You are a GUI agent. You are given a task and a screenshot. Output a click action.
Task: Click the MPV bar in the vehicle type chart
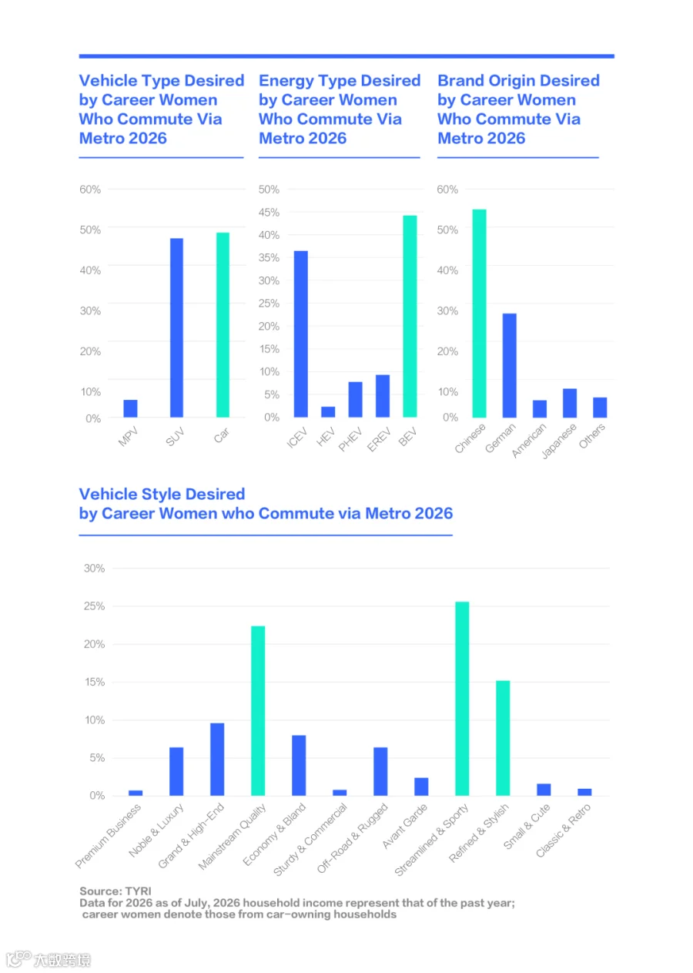(x=130, y=408)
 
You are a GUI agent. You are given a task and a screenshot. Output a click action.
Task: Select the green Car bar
(x=223, y=325)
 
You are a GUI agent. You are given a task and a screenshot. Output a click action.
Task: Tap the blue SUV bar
(x=176, y=327)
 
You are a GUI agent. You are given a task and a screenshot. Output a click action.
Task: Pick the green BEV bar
(x=410, y=316)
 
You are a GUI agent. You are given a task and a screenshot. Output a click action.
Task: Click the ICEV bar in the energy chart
(x=300, y=334)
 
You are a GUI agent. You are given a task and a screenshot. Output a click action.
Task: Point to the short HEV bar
(x=328, y=412)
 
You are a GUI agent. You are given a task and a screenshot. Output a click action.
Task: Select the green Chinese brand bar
(x=480, y=314)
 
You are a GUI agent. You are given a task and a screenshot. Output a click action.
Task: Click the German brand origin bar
(x=509, y=365)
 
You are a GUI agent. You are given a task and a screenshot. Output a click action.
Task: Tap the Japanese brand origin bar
(x=570, y=403)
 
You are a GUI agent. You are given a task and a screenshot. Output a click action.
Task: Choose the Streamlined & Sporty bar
(x=462, y=699)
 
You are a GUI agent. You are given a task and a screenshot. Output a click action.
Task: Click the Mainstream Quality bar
(x=258, y=710)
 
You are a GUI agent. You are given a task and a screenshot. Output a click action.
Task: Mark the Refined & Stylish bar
(x=503, y=738)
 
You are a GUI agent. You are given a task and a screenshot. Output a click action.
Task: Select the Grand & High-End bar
(x=217, y=760)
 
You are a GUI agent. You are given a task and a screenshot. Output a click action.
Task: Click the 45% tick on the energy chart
(x=269, y=213)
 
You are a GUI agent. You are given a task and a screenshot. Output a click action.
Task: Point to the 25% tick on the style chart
(x=94, y=606)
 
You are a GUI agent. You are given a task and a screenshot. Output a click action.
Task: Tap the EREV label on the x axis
(x=379, y=439)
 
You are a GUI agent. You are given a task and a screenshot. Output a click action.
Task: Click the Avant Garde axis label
(x=405, y=826)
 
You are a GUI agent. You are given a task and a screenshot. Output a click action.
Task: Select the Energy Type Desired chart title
(x=340, y=109)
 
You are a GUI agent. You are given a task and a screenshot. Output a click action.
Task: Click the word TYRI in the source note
(x=138, y=891)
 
